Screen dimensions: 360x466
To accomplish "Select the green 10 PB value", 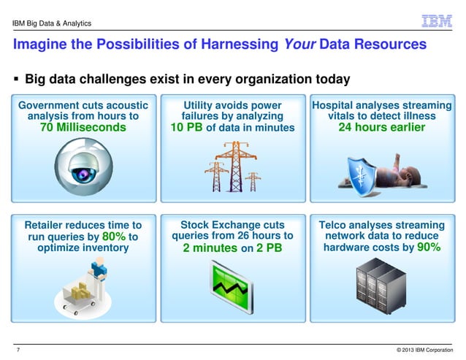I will pos(186,129).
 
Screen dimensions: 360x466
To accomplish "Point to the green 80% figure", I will pos(115,237).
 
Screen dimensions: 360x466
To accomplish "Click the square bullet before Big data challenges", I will pos(16,79).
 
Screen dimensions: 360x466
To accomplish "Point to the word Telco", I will pos(337,225).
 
